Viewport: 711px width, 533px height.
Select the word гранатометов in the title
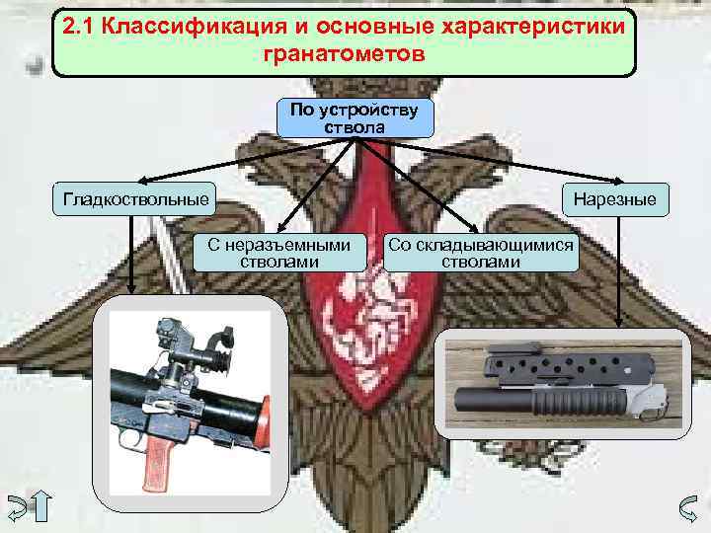coord(345,53)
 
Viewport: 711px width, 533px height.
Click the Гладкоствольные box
coord(136,200)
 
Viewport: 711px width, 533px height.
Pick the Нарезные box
coord(617,200)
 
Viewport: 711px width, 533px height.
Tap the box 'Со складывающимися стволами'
coord(481,254)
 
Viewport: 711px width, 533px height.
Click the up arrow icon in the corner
coord(45,507)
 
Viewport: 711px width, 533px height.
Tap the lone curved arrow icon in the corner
coord(690,507)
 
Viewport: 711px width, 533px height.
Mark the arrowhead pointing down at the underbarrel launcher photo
coord(618,322)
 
